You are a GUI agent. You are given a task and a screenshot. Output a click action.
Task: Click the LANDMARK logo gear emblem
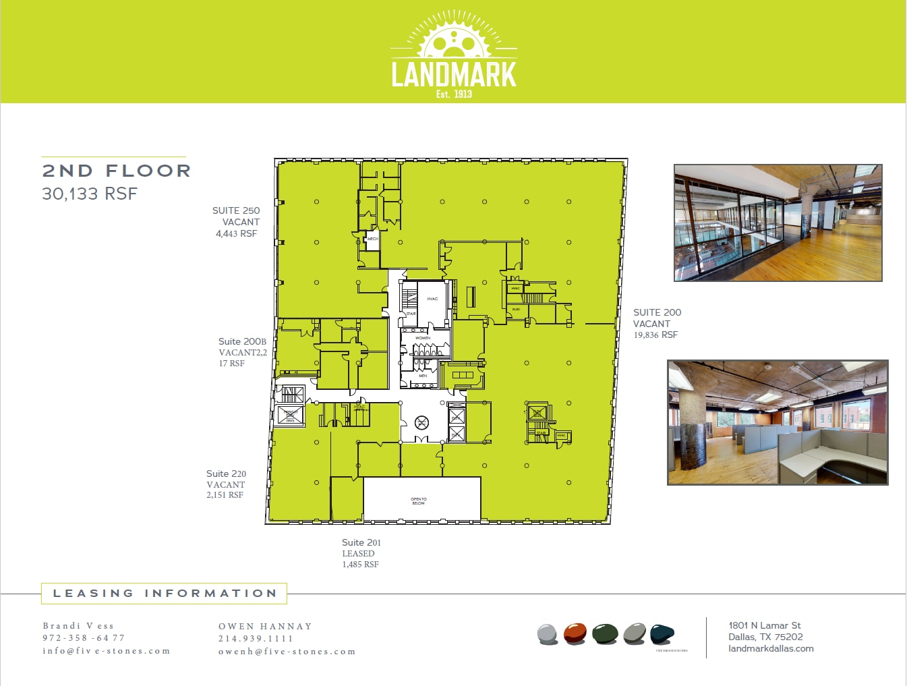[454, 39]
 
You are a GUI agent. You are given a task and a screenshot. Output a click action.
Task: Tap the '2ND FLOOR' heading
[117, 171]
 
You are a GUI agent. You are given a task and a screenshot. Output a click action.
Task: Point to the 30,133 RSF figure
[90, 194]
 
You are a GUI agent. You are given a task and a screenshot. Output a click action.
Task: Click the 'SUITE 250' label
[236, 210]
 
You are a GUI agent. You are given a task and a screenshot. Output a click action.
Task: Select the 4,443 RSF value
[236, 233]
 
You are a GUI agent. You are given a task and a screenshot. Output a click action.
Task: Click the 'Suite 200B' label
[242, 341]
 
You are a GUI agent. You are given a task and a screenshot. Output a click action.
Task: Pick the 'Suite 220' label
[226, 474]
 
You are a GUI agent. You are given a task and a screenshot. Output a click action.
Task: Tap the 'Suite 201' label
[361, 542]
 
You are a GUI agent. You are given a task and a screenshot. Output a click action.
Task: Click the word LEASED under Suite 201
[358, 553]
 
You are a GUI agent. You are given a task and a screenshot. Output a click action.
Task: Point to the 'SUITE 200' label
[657, 312]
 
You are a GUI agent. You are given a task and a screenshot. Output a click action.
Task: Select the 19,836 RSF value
[655, 335]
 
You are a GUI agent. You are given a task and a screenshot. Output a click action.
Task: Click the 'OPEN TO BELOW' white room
[421, 500]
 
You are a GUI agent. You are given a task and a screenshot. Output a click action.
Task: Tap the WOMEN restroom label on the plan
[423, 338]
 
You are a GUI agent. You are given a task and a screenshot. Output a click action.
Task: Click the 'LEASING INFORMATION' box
[165, 594]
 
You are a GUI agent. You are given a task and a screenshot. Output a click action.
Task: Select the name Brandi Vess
[78, 626]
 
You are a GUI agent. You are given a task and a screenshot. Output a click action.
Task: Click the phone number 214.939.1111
[256, 639]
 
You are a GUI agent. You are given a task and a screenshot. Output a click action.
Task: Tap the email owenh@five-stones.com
[287, 652]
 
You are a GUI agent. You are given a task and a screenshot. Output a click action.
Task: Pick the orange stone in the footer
[575, 634]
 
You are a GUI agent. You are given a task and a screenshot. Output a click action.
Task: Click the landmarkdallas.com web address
[771, 648]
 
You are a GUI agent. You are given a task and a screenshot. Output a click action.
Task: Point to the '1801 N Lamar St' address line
[765, 625]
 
